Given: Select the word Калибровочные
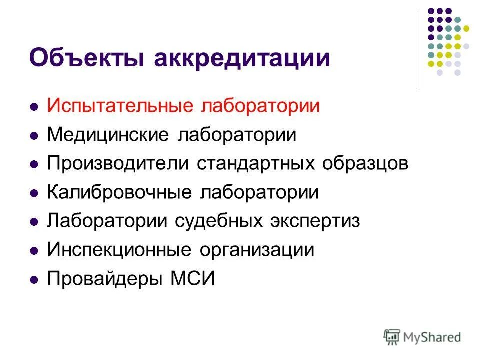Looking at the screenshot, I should point(119,192).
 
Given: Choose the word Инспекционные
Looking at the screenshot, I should point(119,250).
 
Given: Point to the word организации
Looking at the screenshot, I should point(258,250).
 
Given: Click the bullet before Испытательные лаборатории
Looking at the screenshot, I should point(34,107).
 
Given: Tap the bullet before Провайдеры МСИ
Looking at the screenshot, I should point(34,279).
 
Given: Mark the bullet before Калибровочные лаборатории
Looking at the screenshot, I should point(34,193).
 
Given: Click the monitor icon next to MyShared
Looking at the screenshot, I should point(392,336).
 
